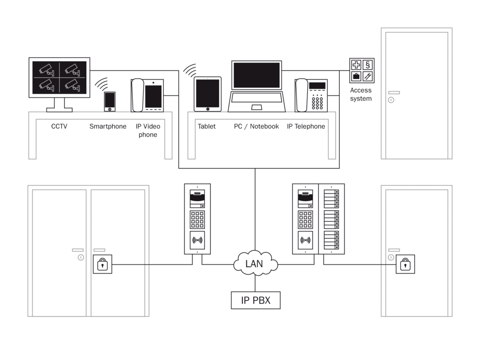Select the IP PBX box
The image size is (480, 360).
(256, 300)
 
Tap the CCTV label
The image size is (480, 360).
(59, 126)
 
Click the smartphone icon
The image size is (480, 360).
(109, 102)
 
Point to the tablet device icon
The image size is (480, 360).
(207, 94)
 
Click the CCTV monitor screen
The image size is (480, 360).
(60, 77)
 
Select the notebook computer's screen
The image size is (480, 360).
(256, 75)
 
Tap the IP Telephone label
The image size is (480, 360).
(306, 126)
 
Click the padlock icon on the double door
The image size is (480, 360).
(103, 264)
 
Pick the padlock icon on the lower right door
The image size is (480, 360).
(405, 264)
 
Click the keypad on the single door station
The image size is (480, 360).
(197, 219)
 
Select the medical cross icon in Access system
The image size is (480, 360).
(356, 65)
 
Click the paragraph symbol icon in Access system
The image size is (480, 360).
(368, 65)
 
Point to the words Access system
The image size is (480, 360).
(361, 94)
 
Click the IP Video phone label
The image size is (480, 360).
(148, 131)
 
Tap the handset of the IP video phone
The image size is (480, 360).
(138, 95)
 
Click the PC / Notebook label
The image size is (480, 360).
(256, 126)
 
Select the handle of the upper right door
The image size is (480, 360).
(394, 93)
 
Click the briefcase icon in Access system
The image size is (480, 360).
(356, 76)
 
